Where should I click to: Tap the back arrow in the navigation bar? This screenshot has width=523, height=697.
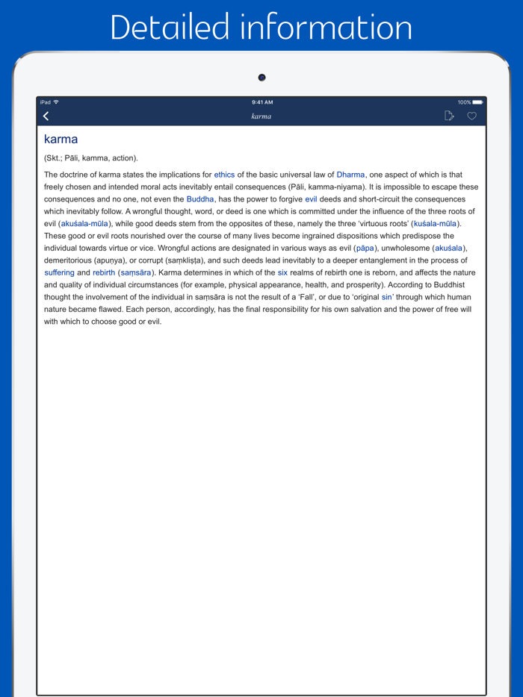46,116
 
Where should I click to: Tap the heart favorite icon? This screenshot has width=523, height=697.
471,116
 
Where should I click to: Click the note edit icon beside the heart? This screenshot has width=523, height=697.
449,116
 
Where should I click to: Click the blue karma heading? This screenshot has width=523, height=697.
61,140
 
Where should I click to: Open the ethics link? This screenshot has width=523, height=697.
224,175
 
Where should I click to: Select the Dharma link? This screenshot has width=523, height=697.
350,175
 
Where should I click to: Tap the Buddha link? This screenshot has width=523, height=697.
200,199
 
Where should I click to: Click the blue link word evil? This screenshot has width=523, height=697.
311,199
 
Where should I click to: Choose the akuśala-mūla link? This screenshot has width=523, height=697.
84,224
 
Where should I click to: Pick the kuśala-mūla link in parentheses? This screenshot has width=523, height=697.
436,224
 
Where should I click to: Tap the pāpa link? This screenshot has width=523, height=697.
365,249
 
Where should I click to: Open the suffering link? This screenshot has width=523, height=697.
59,273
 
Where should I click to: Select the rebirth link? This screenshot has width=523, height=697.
104,273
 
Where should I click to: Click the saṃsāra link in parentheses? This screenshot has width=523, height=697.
136,273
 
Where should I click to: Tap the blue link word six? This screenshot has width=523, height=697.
282,273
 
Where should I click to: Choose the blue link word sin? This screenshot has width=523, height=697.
386,297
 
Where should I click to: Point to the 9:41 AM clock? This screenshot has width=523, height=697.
262,102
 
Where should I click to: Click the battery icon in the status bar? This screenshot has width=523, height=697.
477,102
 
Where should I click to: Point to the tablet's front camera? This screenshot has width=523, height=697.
261,78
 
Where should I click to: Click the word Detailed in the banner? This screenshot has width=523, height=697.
170,28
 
